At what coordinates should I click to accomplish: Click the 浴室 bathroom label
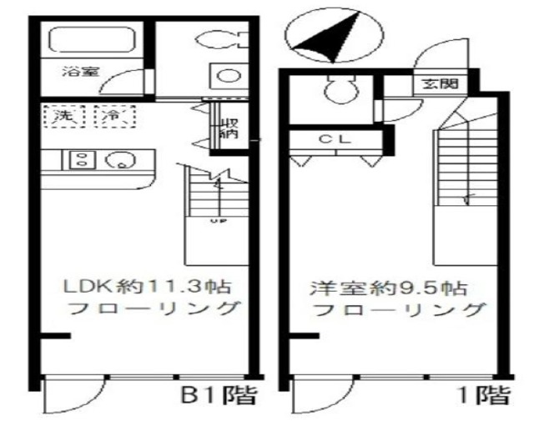click(x=81, y=72)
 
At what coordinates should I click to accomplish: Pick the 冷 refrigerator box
click(x=111, y=117)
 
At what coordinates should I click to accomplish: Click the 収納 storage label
click(x=227, y=129)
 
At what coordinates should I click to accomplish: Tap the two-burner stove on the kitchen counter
click(x=82, y=158)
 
